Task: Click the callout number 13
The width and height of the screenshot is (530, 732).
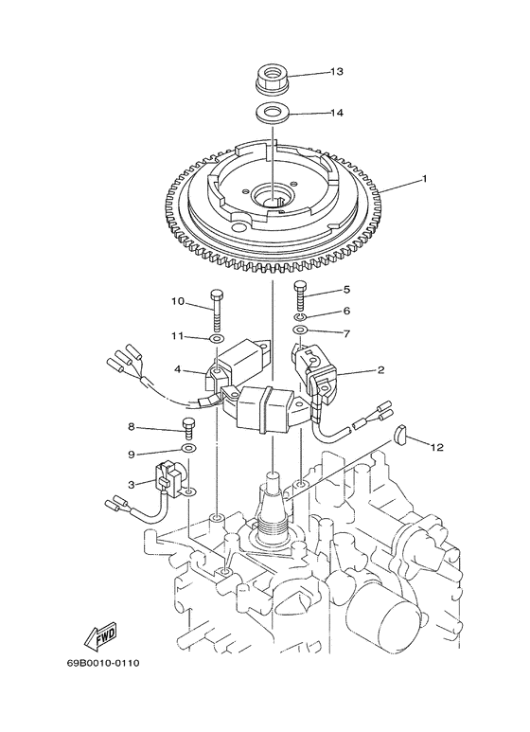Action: (x=337, y=72)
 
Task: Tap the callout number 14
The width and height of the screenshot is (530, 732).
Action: (x=337, y=114)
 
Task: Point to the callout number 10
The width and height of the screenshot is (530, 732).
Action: (x=177, y=302)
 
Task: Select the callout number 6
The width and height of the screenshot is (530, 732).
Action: (x=346, y=311)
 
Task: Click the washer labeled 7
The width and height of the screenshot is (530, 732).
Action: (x=300, y=331)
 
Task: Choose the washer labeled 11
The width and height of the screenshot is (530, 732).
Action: (x=217, y=338)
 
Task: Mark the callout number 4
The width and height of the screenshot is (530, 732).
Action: (x=176, y=370)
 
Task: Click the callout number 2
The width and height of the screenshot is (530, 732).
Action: (x=380, y=370)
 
